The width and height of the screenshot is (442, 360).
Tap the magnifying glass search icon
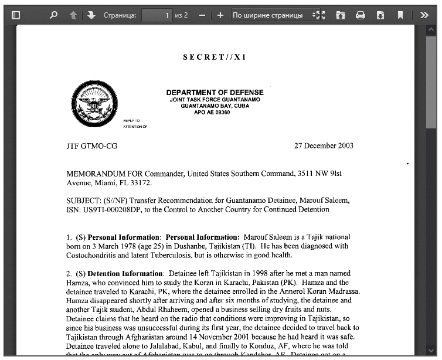54,15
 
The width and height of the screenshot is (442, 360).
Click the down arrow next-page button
91,15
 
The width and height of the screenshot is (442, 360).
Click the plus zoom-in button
220,15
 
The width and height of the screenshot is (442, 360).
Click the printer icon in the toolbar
361,15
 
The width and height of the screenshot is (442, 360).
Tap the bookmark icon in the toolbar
400,15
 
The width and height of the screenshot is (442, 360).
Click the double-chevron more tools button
424,15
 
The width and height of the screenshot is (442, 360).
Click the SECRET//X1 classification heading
215,57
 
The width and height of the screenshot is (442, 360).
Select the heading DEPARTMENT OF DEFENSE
215,93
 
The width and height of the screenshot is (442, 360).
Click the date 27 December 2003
324,146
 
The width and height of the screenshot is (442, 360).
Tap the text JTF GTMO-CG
91,146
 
